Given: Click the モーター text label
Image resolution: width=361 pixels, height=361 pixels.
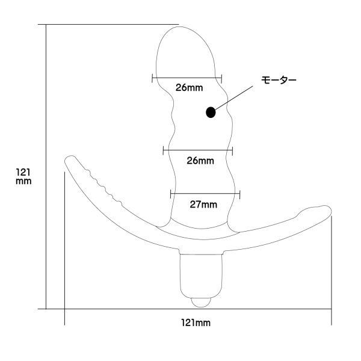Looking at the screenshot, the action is click(x=279, y=80).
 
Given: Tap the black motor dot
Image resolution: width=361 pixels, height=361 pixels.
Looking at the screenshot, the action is click(x=211, y=113).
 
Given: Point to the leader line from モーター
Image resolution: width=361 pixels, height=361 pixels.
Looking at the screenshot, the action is click(x=233, y=98).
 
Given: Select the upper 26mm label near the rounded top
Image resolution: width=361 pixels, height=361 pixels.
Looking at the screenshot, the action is click(x=190, y=88).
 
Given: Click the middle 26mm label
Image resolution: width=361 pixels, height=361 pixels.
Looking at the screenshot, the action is click(x=200, y=161).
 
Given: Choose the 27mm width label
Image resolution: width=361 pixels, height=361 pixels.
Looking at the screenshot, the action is click(x=203, y=205).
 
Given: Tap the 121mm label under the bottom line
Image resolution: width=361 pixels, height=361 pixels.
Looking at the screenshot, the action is click(x=196, y=322).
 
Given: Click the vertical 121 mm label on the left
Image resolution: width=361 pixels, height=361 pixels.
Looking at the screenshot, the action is click(x=23, y=176).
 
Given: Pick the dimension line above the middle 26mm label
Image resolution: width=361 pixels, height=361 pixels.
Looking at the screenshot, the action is click(x=198, y=150).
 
